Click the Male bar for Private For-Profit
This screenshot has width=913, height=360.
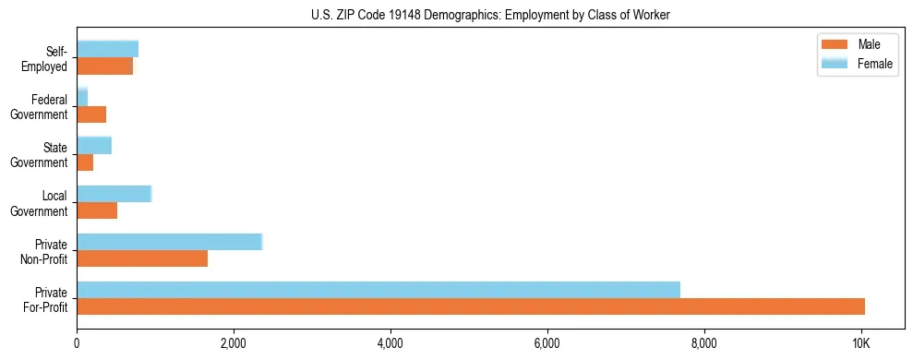[x=471, y=306]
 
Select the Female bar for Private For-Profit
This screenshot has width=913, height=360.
[x=378, y=290]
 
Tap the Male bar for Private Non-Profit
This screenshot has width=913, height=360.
[x=142, y=258]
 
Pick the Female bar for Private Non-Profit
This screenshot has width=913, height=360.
[x=170, y=242]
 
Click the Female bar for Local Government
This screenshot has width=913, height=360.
[x=114, y=194]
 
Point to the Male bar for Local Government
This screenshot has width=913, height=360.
[x=97, y=210]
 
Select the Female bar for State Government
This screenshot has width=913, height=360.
[x=94, y=146]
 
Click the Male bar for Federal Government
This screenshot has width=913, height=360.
[x=91, y=114]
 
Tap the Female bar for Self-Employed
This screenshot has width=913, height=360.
[x=107, y=50]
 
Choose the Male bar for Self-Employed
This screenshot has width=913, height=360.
[x=105, y=66]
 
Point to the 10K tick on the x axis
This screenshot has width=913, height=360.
[x=861, y=343]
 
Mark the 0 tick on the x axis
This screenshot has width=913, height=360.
[x=77, y=343]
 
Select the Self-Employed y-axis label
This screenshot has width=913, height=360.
[x=46, y=59]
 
